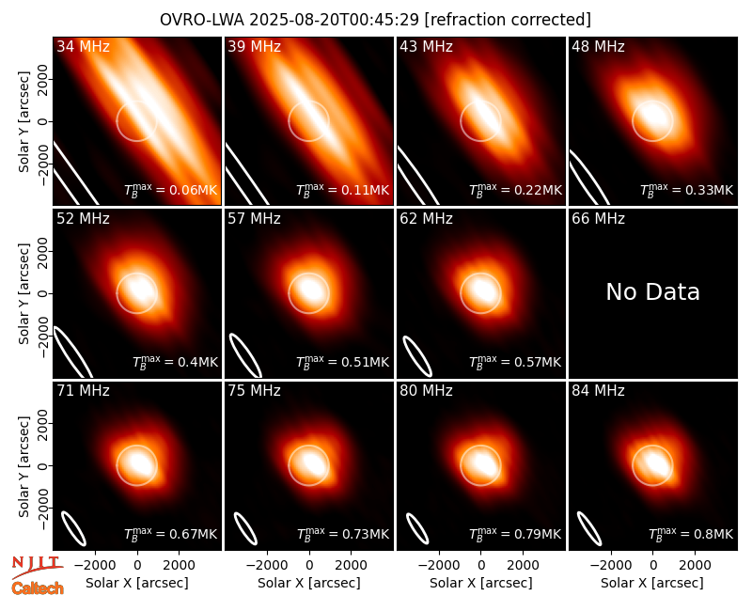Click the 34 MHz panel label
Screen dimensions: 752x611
pos(83,46)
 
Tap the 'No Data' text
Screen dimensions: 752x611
pos(652,291)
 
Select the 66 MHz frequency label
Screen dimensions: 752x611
pos(598,219)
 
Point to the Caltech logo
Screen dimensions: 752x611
pos(38,588)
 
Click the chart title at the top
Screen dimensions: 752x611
pos(375,20)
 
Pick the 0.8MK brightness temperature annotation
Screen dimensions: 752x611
pos(691,534)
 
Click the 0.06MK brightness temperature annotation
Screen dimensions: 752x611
pos(171,190)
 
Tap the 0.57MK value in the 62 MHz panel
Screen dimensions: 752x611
pos(515,362)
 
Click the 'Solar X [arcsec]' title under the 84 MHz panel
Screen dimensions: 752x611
pos(652,583)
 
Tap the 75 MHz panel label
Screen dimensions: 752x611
pos(254,391)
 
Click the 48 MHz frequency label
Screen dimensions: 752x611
pos(598,46)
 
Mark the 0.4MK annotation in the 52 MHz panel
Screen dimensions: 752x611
pos(175,362)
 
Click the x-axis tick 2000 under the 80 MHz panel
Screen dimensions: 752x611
pos(523,566)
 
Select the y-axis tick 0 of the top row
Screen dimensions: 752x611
pos(43,121)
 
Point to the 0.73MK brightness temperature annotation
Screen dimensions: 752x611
pos(343,534)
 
